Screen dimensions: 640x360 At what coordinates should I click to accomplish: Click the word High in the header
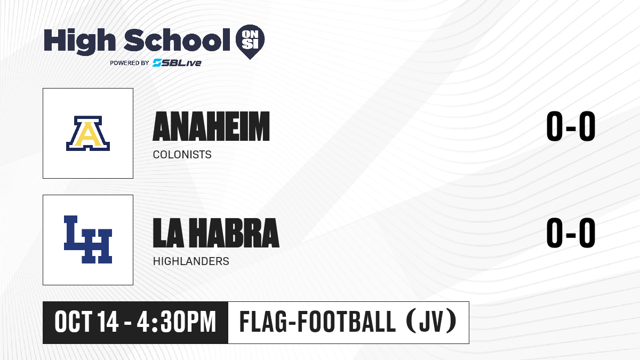[79, 41]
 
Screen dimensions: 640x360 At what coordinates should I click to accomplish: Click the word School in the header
[177, 40]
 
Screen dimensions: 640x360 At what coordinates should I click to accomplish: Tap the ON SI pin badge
[250, 42]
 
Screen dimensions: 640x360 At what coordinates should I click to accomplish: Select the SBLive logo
[177, 62]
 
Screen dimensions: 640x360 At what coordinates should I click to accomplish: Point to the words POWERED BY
[130, 63]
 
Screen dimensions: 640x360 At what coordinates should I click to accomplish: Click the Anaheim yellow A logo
[88, 133]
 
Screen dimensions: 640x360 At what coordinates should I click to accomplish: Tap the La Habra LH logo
[88, 239]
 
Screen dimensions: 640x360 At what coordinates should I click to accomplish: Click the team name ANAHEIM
[211, 126]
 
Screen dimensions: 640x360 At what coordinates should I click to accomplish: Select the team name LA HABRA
[216, 233]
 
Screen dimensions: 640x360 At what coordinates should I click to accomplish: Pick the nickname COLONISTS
[182, 155]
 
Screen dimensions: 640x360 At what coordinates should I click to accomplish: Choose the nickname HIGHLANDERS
[191, 261]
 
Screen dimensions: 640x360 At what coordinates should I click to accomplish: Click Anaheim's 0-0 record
[571, 126]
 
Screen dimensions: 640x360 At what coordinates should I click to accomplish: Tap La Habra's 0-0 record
[571, 233]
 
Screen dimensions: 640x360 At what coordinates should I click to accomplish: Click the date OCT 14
[86, 322]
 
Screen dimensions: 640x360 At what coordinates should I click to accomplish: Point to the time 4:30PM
[177, 322]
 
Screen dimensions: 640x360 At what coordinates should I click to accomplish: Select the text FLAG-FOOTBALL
[317, 322]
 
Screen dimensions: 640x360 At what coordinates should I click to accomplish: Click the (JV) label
[431, 322]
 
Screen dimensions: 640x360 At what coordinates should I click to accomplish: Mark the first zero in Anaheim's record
[555, 126]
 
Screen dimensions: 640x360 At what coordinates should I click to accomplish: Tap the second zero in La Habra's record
[587, 233]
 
